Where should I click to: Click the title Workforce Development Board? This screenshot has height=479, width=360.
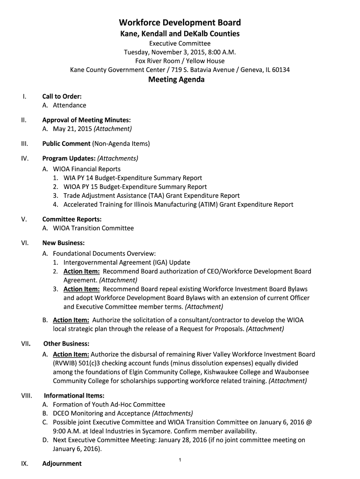pos(180,22)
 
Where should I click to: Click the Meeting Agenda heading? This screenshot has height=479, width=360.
pos(176,80)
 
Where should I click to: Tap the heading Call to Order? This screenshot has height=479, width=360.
pos(62,96)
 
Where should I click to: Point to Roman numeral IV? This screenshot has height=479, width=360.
pos(25,158)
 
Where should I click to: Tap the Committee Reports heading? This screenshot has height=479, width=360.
pos(72,219)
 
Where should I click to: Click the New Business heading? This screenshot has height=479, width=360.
pos(63,243)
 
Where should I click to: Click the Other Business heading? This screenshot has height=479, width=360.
pos(66,343)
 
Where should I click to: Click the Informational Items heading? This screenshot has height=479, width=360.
pos(74,395)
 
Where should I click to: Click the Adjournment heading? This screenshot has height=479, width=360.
pos(62,464)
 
